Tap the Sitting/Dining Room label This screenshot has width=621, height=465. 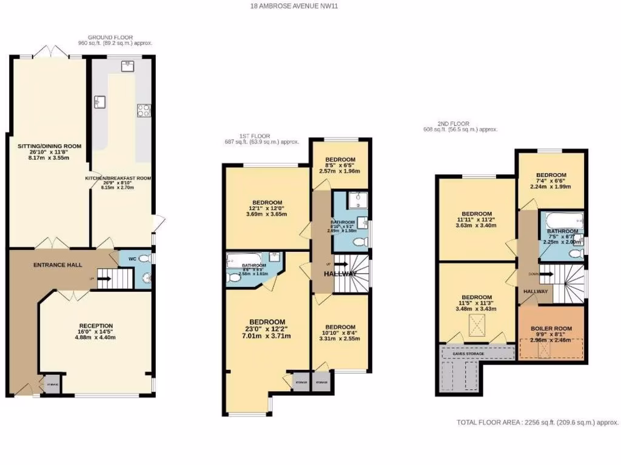(49, 147)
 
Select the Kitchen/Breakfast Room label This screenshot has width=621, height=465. (118, 179)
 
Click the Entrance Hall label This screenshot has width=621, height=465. (53, 265)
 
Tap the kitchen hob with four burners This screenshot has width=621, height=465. (144, 110)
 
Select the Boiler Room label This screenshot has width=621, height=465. (551, 329)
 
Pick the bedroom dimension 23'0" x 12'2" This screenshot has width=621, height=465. (267, 329)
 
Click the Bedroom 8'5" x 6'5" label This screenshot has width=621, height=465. (340, 160)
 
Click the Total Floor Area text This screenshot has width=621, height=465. (536, 423)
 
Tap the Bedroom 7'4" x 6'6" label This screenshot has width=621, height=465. (551, 175)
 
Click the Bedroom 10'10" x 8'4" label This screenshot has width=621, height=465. (340, 327)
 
